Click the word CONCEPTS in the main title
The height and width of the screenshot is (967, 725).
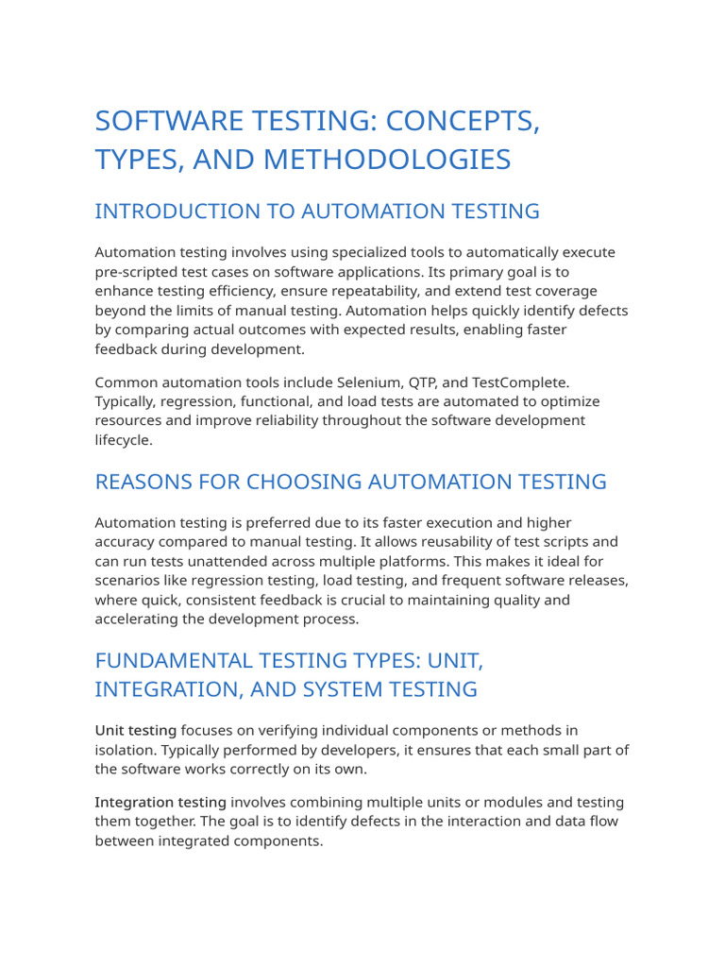(x=461, y=122)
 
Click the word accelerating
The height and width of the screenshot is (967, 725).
(x=142, y=619)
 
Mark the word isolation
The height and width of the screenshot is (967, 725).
(x=126, y=750)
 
